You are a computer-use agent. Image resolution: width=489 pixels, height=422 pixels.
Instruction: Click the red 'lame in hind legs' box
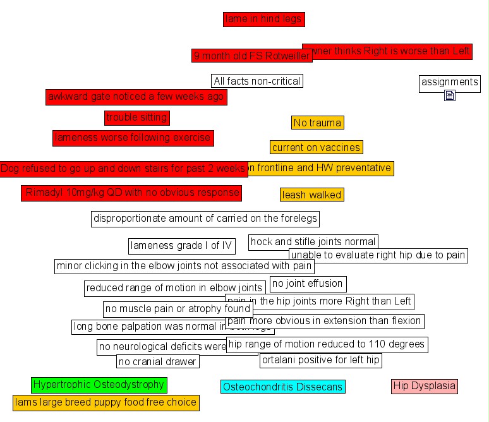coord(263,20)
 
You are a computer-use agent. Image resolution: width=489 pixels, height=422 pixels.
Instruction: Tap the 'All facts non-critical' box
coord(257,81)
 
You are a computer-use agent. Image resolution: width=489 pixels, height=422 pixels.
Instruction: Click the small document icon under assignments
coord(450,95)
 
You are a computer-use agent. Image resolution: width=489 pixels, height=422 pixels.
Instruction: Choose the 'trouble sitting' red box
coord(136,118)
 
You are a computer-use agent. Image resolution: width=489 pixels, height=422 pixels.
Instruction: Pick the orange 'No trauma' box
coord(318,123)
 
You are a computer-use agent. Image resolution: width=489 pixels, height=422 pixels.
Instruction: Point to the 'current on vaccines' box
coord(317,147)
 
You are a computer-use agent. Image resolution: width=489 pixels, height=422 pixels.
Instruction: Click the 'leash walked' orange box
coord(312,195)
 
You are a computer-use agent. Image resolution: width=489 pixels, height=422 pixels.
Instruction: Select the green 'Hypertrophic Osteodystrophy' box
coord(99,385)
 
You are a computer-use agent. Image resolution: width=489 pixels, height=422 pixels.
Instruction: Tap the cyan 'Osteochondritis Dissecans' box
coord(283,387)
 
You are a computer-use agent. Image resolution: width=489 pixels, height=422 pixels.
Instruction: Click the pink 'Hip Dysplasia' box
coord(424,386)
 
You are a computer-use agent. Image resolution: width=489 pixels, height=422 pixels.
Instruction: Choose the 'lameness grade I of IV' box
coord(181,246)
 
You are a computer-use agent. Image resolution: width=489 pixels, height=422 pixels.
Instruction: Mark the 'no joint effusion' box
coord(308,284)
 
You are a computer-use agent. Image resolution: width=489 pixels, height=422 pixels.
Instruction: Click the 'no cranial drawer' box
coord(158,361)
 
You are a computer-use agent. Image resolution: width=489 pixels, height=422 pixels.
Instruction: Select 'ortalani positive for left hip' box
coord(321,360)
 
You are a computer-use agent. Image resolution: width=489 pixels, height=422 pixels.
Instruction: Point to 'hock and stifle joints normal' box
coord(313,241)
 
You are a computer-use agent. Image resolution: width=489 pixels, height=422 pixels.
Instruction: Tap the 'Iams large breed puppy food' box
coord(106,402)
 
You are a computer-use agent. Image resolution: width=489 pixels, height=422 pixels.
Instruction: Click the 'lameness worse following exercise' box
coord(133,138)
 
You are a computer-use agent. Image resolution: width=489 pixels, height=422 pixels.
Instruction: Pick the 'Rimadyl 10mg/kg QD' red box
coord(131,193)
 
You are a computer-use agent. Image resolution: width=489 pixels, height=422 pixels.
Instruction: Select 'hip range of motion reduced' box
coord(327,345)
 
